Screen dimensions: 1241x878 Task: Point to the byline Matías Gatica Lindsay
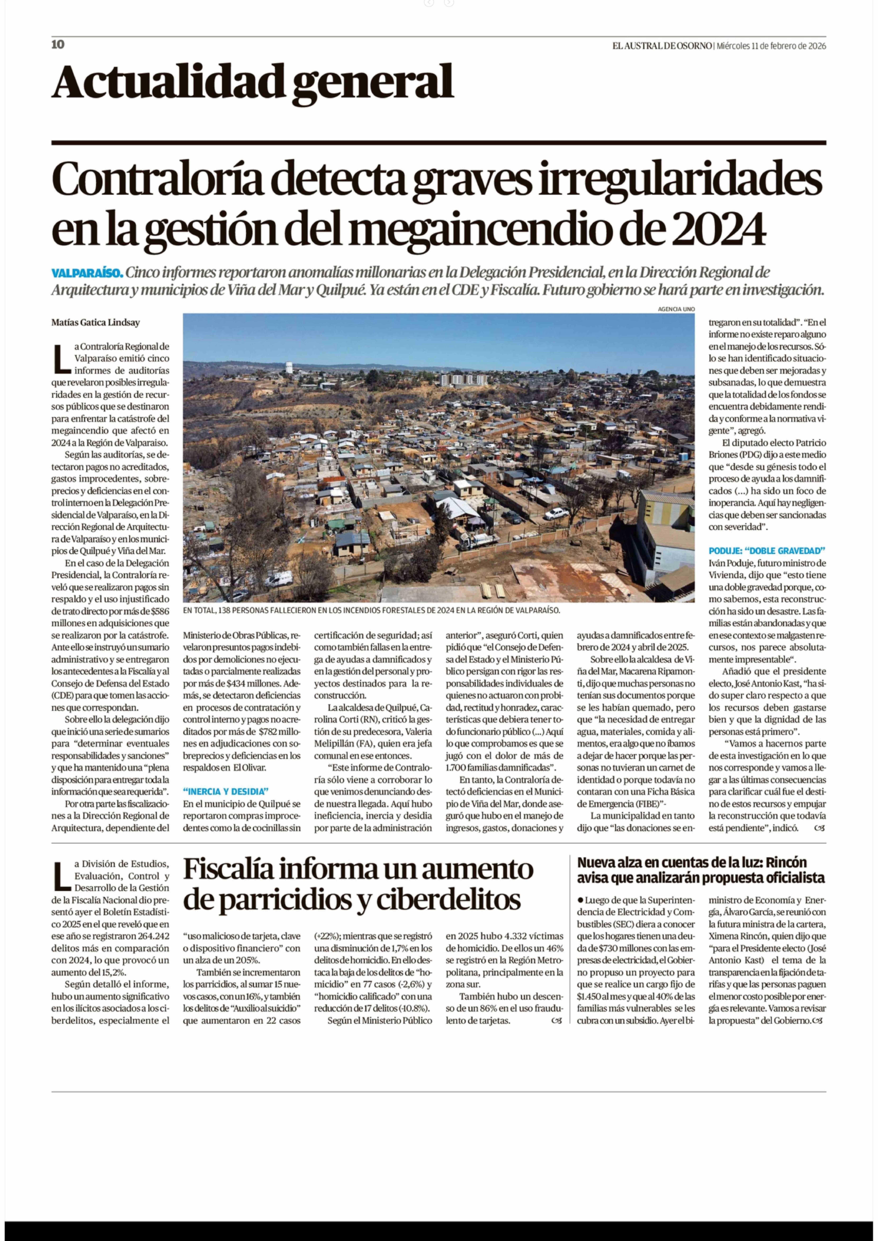pyautogui.click(x=96, y=323)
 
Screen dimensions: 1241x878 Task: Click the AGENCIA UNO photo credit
pyautogui.click(x=676, y=309)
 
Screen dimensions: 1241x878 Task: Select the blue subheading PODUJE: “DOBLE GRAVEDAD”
pyautogui.click(x=767, y=551)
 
